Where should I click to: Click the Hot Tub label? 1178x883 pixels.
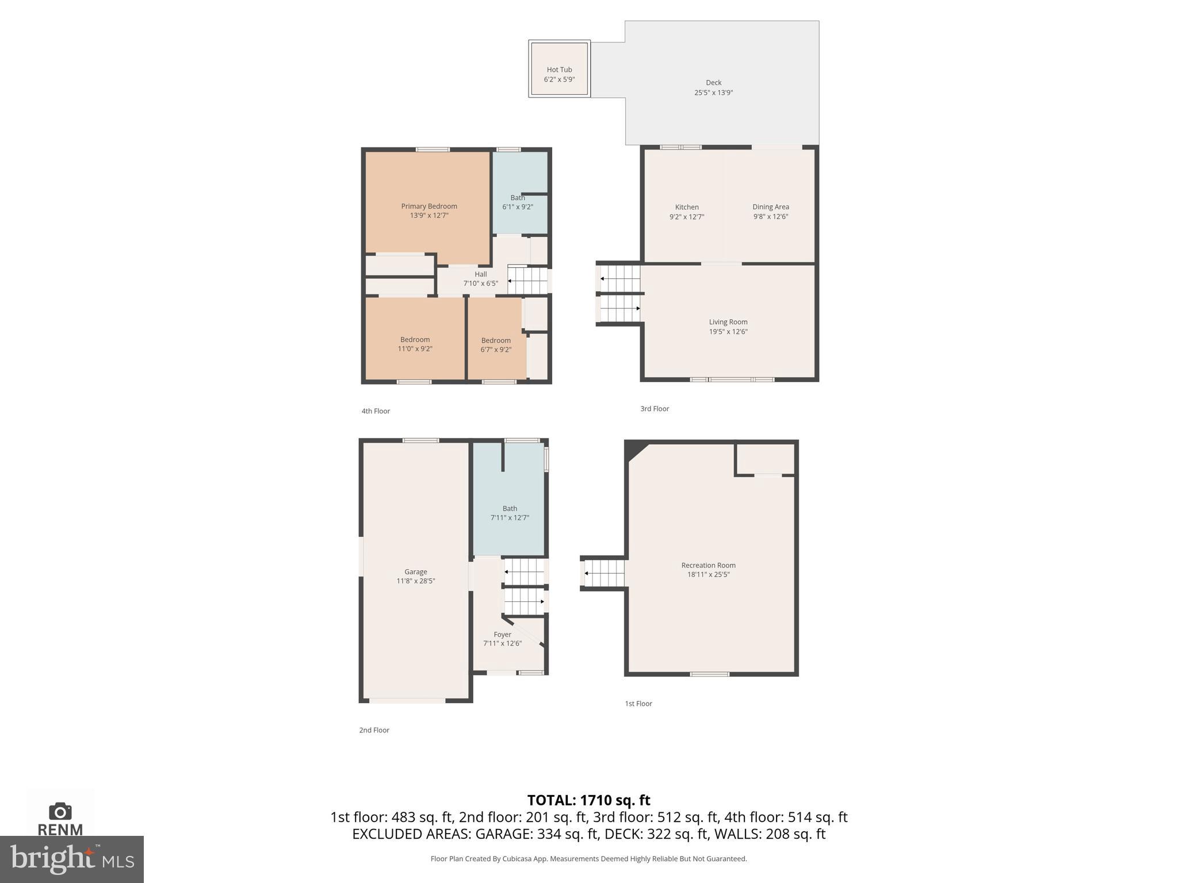(x=559, y=70)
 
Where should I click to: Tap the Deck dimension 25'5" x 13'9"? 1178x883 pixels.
(x=713, y=93)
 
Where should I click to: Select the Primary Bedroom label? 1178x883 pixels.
(x=429, y=206)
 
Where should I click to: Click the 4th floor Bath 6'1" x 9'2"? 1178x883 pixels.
(x=517, y=202)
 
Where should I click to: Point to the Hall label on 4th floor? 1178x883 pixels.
(x=480, y=274)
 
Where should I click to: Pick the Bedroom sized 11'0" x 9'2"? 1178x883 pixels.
(x=415, y=344)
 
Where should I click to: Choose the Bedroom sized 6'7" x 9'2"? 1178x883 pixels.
(x=496, y=345)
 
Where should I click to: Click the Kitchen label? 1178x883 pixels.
(x=687, y=207)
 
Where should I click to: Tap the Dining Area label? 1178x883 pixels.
(x=770, y=207)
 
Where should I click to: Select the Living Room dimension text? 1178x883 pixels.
(x=728, y=332)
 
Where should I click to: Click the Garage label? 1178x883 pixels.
(x=415, y=572)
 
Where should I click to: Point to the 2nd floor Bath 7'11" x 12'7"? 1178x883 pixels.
(x=510, y=513)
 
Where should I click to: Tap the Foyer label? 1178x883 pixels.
(x=502, y=635)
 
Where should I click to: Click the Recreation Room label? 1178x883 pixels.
(x=708, y=565)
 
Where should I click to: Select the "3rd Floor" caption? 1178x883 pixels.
(x=655, y=409)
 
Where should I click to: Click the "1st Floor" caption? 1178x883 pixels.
(x=638, y=704)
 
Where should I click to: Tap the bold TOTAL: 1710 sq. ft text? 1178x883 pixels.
(x=588, y=800)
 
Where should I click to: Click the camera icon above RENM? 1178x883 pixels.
(x=60, y=812)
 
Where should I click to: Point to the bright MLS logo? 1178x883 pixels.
(x=72, y=859)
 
